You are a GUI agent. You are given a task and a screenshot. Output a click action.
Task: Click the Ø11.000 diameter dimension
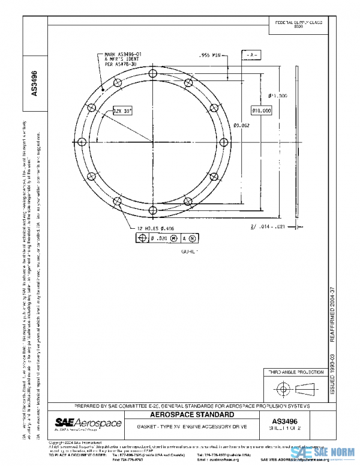pyautogui.click(x=278, y=95)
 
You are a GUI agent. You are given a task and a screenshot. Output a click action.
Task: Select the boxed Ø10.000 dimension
pyautogui.click(x=262, y=110)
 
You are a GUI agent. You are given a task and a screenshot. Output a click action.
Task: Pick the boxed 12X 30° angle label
pyautogui.click(x=122, y=111)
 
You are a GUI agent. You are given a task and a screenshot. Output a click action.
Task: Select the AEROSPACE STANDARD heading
pyautogui.click(x=193, y=415)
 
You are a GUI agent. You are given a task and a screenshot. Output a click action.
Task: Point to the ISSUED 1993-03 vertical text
pyautogui.click(x=333, y=375)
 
